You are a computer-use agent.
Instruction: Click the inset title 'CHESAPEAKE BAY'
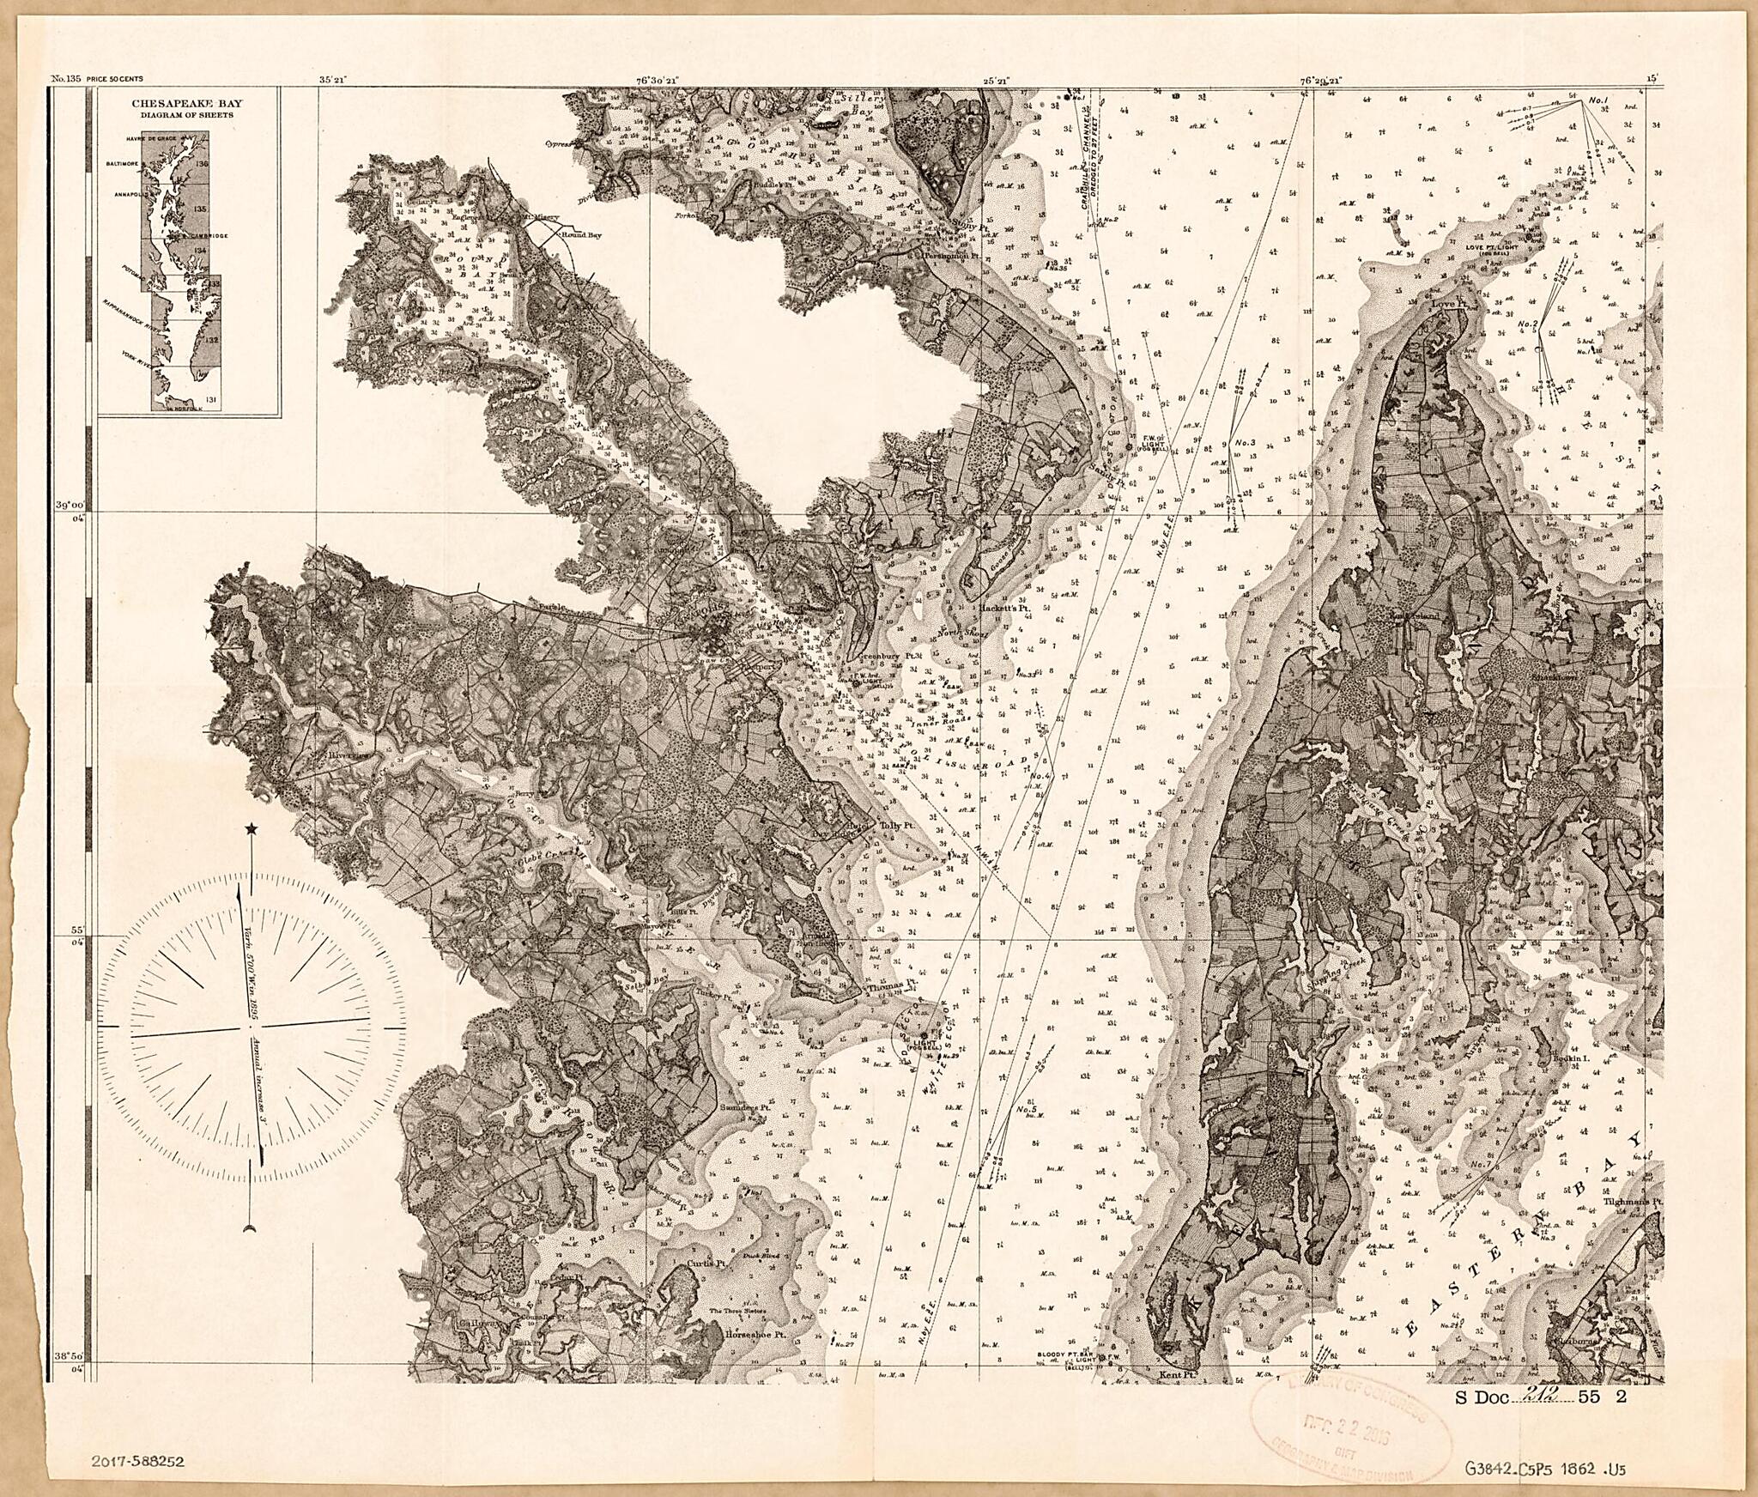(x=186, y=104)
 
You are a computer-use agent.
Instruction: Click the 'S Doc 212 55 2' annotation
(x=1540, y=1421)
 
